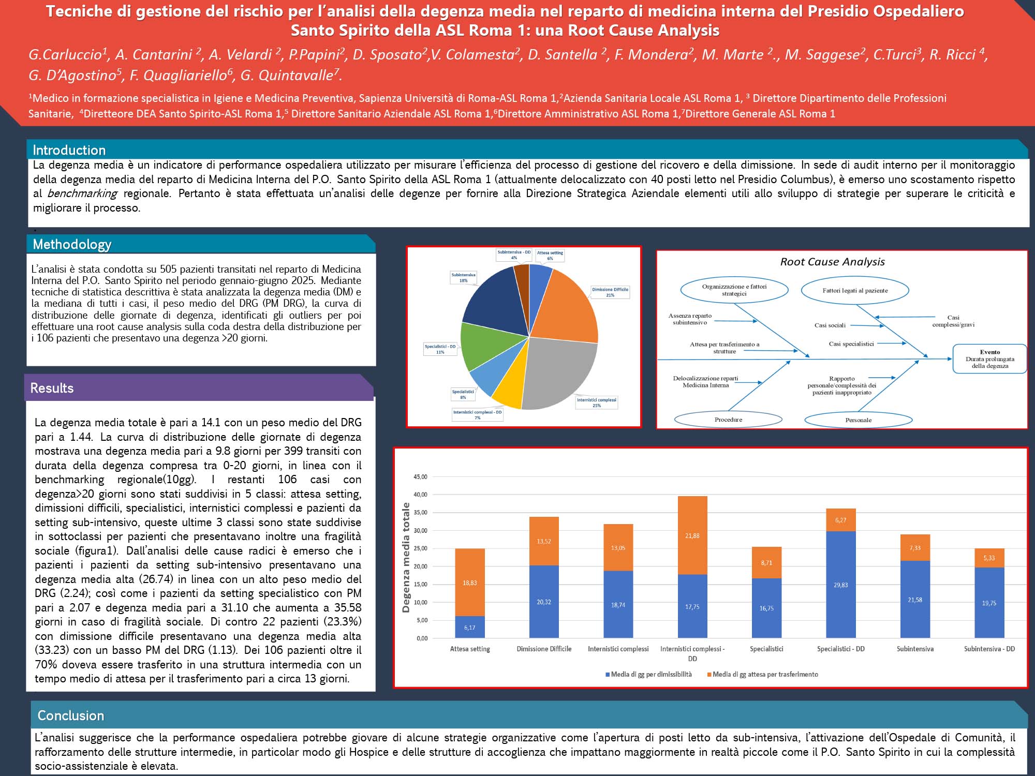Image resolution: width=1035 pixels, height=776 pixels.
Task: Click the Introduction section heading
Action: pyautogui.click(x=69, y=150)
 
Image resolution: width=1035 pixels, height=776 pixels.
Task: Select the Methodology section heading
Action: pyautogui.click(x=72, y=244)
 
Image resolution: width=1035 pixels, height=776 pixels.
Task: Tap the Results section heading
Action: pyautogui.click(x=52, y=388)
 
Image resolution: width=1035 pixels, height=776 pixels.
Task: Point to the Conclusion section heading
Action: pyautogui.click(x=71, y=715)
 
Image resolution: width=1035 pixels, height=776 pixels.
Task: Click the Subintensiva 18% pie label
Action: pyautogui.click(x=463, y=278)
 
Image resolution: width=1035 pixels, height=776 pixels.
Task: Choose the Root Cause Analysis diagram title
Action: pyautogui.click(x=832, y=262)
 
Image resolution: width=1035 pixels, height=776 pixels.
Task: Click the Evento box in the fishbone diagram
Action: pyautogui.click(x=989, y=359)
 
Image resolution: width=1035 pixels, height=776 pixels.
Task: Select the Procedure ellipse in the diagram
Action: pyautogui.click(x=728, y=420)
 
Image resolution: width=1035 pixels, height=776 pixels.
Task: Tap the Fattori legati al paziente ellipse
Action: pyautogui.click(x=855, y=291)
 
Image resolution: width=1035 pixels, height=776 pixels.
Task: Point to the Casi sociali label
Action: pyautogui.click(x=830, y=325)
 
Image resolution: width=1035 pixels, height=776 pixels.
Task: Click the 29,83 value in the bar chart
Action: pyautogui.click(x=840, y=585)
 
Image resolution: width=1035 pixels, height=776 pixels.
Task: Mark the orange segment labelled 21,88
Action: pyautogui.click(x=692, y=535)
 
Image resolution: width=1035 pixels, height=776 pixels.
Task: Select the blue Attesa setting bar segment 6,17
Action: pyautogui.click(x=469, y=627)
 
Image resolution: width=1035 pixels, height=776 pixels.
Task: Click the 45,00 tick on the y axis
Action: pyautogui.click(x=420, y=477)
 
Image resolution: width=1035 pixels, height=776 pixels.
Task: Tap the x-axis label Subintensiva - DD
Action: pyautogui.click(x=989, y=649)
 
